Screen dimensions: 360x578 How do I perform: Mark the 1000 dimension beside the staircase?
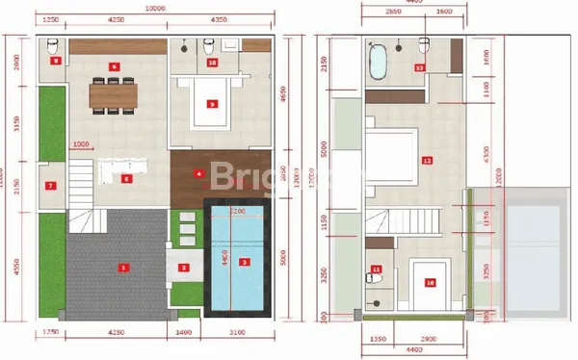click(x=81, y=144)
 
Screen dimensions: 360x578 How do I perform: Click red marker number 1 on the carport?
click(x=122, y=267)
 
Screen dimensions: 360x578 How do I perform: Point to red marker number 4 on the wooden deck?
click(x=198, y=174)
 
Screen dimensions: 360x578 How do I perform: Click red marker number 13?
click(x=418, y=67)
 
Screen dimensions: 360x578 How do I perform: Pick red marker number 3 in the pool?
click(x=244, y=262)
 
